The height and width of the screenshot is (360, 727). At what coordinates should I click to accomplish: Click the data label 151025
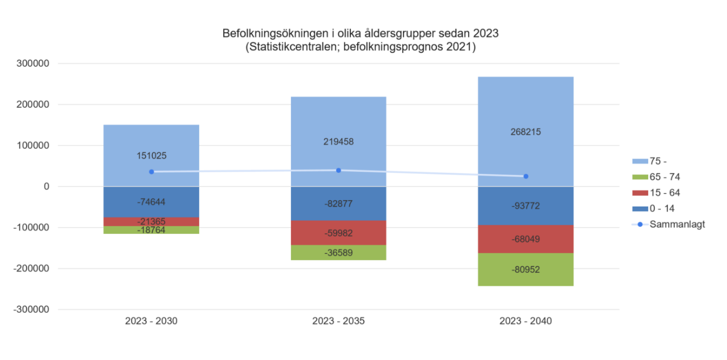pyautogui.click(x=151, y=155)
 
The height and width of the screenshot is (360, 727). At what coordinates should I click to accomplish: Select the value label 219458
pyautogui.click(x=338, y=141)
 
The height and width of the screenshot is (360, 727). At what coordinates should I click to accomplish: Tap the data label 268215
pyautogui.click(x=526, y=132)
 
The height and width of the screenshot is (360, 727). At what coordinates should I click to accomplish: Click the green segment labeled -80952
pyautogui.click(x=526, y=269)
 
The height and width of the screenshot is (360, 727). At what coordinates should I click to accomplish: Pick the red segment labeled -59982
pyautogui.click(x=338, y=233)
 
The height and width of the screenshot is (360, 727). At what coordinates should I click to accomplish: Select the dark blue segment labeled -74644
pyautogui.click(x=151, y=201)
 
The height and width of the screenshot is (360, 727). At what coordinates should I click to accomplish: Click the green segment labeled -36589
pyautogui.click(x=338, y=253)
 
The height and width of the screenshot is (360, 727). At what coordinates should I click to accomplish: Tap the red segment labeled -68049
pyautogui.click(x=526, y=239)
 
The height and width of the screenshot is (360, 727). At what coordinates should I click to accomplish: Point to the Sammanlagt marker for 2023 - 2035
pyautogui.click(x=338, y=170)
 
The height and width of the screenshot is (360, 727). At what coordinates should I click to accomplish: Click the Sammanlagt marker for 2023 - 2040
pyautogui.click(x=526, y=176)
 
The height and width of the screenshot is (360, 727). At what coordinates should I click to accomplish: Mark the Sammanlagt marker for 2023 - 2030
pyautogui.click(x=151, y=172)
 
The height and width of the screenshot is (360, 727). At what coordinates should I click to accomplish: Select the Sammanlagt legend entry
pyautogui.click(x=671, y=224)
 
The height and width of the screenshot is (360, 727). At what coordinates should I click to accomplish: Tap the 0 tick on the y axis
pyautogui.click(x=47, y=187)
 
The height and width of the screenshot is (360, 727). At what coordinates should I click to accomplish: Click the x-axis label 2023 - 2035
pyautogui.click(x=338, y=321)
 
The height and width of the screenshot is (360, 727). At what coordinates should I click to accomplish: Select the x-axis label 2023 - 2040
pyautogui.click(x=526, y=321)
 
